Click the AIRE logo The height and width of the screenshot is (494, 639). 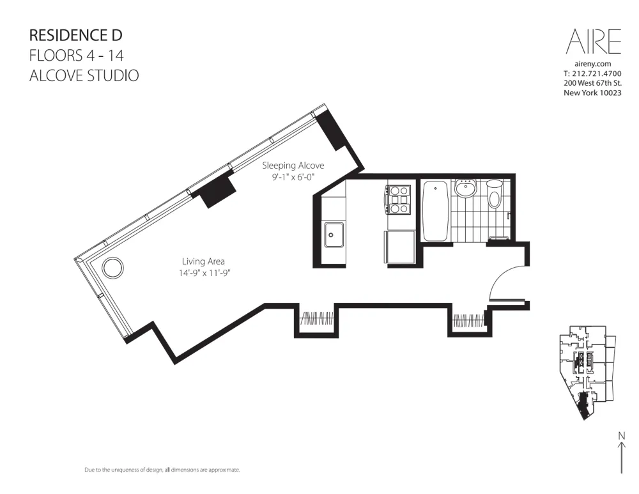pyautogui.click(x=593, y=42)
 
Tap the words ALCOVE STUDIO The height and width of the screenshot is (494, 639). pyautogui.click(x=84, y=75)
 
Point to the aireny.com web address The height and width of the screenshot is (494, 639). pyautogui.click(x=593, y=64)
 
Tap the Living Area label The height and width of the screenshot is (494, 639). pyautogui.click(x=203, y=261)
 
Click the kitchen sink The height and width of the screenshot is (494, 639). pyautogui.click(x=334, y=235)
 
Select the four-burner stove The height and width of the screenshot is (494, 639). pyautogui.click(x=399, y=199)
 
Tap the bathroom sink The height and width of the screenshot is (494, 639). pyautogui.click(x=465, y=190)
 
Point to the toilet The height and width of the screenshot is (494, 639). pyautogui.click(x=494, y=194)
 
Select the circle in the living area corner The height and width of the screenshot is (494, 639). pyautogui.click(x=112, y=268)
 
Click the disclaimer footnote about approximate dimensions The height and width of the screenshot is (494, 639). pyautogui.click(x=162, y=470)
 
